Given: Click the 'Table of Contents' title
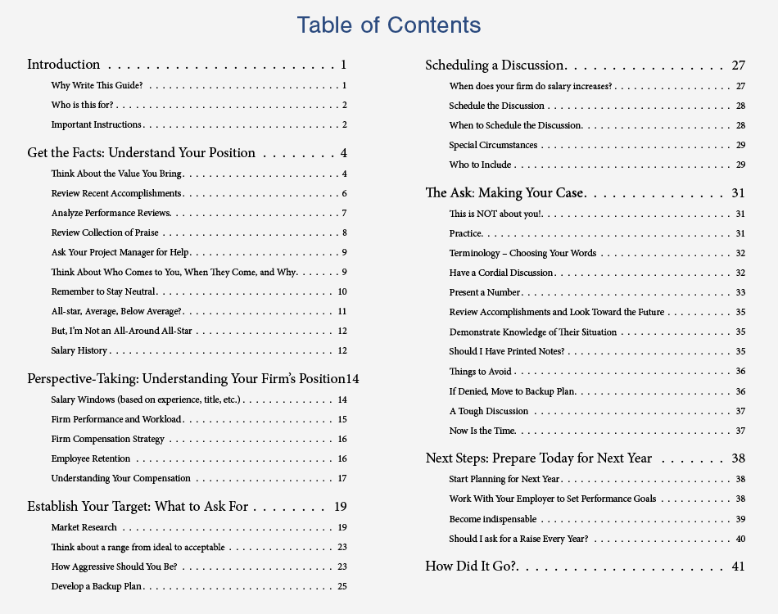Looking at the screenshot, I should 389,25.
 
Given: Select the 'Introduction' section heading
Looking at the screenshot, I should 64,65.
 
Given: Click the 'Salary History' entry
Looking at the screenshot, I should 79,350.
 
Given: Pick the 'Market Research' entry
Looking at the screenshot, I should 84,527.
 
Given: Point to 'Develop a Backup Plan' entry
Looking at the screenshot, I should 97,586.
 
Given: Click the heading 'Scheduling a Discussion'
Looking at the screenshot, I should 495,65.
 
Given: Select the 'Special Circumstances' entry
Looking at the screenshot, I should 493,145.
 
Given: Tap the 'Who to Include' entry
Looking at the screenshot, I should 480,165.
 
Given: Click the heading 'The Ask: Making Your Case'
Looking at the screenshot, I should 504,193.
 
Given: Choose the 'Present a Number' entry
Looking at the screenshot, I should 485,292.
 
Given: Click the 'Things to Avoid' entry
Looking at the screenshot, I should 480,371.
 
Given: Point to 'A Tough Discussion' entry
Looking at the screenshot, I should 489,411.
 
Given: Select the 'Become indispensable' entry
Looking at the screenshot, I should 493,519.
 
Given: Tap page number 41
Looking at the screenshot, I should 739,566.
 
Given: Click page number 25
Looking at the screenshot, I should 342,586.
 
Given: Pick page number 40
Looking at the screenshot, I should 740,539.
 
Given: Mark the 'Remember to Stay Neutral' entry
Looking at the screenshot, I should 103,291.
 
